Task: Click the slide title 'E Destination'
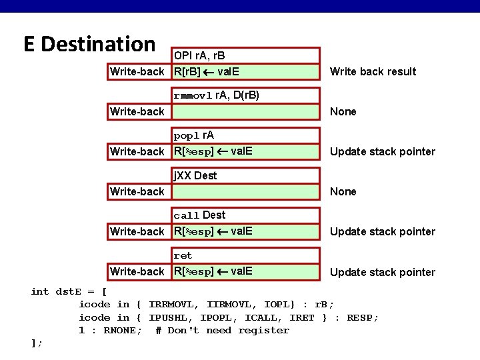(89, 44)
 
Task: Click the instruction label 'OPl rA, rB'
(199, 55)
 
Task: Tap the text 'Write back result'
(373, 71)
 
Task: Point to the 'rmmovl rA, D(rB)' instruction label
(217, 95)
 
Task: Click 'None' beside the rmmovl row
(343, 111)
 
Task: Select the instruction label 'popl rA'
(194, 135)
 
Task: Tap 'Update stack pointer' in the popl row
(383, 151)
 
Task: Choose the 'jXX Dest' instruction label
(195, 175)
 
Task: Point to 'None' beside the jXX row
(343, 191)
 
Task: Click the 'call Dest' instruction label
(199, 215)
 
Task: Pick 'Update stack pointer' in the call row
(383, 231)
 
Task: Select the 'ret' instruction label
(183, 255)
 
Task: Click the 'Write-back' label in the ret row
(137, 271)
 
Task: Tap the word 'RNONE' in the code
(121, 330)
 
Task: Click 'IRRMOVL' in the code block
(173, 305)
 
